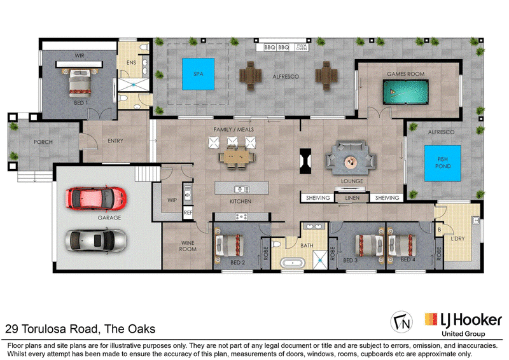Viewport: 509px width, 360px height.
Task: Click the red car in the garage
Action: click(x=96, y=198)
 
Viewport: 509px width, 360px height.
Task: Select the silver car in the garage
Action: click(x=96, y=240)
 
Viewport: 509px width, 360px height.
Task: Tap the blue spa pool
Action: click(x=199, y=74)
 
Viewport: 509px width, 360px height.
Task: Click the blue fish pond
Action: click(x=443, y=163)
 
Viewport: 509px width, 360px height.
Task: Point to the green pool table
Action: click(x=406, y=92)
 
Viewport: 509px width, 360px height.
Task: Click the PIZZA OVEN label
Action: click(x=302, y=48)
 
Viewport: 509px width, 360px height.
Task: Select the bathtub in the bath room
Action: click(x=293, y=263)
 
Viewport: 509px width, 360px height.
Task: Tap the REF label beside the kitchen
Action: click(x=188, y=212)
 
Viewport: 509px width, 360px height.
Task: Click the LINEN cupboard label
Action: click(x=352, y=198)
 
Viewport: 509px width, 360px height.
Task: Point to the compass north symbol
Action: click(x=401, y=322)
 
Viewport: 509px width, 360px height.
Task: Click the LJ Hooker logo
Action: click(x=463, y=324)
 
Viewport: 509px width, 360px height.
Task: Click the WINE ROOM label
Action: click(x=188, y=246)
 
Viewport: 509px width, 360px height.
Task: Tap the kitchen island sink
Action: click(x=242, y=189)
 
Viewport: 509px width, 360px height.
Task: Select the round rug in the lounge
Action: click(x=350, y=162)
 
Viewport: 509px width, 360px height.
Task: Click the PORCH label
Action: click(x=43, y=142)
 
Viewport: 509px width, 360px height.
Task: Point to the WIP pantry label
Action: click(x=172, y=200)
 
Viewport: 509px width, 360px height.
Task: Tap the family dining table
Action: click(x=237, y=158)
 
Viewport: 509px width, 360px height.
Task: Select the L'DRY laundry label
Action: click(x=457, y=239)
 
